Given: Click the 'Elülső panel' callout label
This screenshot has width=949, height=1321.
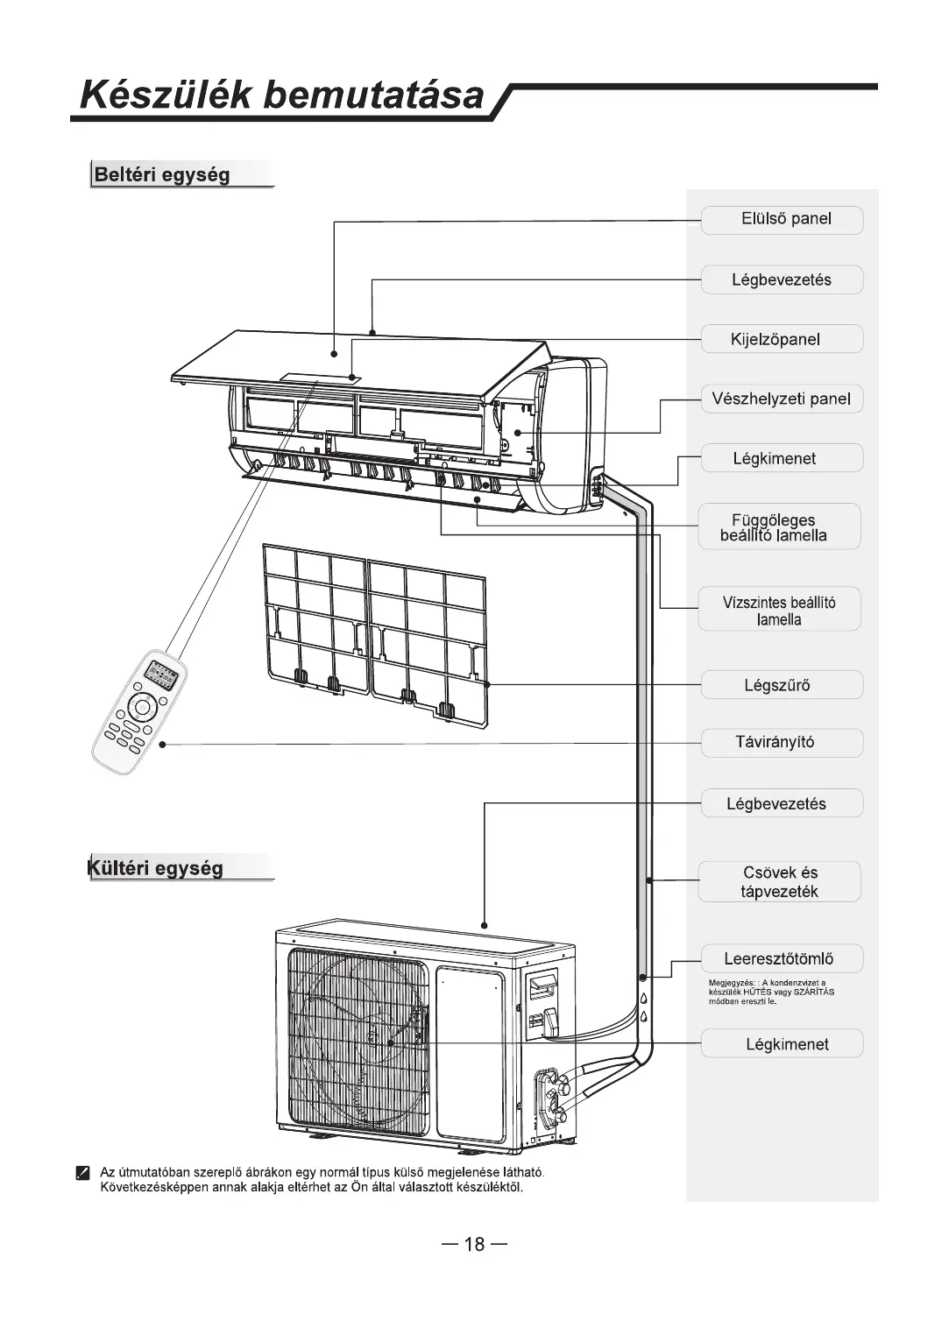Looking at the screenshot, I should (782, 220).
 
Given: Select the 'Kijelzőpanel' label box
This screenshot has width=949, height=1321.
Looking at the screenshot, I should (782, 340).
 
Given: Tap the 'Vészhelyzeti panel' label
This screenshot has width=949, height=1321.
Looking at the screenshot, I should (782, 399).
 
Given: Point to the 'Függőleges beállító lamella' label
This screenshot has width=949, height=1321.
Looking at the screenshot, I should (779, 527).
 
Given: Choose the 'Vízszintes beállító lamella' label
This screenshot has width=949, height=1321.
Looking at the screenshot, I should (779, 611).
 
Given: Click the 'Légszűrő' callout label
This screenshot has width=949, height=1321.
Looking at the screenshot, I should (782, 685).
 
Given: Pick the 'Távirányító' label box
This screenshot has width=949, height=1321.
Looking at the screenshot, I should (782, 743).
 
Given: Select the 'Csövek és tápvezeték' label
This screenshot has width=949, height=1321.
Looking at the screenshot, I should (779, 882).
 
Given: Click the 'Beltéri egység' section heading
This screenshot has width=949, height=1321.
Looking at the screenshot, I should (163, 174).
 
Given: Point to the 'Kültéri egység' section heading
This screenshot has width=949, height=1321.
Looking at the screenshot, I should (158, 868).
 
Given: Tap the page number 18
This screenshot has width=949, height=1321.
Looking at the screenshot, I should (474, 1245).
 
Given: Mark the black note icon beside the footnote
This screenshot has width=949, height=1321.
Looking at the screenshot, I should (82, 1174).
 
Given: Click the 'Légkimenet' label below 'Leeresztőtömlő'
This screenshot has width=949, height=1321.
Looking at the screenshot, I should (782, 1044).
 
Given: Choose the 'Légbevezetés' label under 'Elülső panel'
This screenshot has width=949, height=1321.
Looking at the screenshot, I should (782, 280).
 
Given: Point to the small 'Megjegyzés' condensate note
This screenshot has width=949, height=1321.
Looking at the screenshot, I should (771, 993).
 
